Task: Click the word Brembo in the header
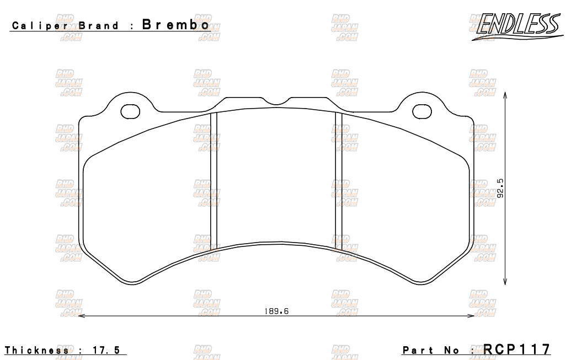[x=175, y=25]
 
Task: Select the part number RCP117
[x=517, y=349]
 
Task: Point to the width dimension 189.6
[x=276, y=311]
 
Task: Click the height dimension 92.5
[x=500, y=187]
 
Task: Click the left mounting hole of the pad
[x=130, y=111]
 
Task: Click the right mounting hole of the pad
[x=423, y=111]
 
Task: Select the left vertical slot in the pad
[x=215, y=179]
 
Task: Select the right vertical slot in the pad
[x=339, y=179]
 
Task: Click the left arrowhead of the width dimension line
[x=83, y=316]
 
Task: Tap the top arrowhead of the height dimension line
[x=506, y=95]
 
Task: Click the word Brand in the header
[x=99, y=26]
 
